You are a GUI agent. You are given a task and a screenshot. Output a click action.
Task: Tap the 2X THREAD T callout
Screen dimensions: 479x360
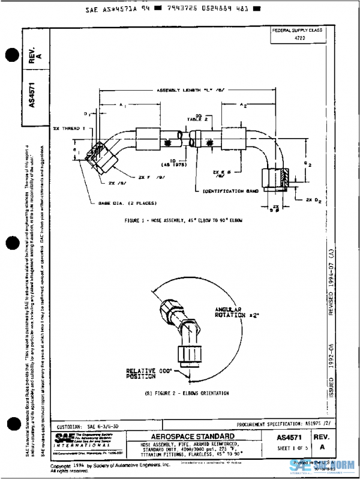[x=68, y=128]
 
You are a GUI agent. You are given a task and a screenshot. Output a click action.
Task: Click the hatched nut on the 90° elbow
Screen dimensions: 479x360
[x=275, y=178]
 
